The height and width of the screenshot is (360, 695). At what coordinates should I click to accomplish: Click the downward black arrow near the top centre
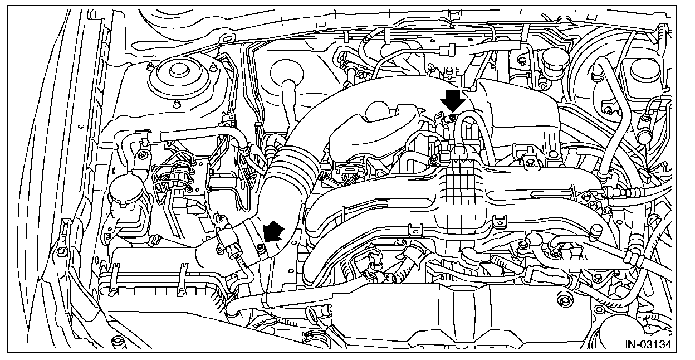click(452, 103)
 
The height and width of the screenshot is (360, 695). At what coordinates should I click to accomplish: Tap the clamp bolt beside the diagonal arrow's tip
click(261, 246)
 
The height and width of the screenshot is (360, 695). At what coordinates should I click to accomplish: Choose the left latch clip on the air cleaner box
click(114, 275)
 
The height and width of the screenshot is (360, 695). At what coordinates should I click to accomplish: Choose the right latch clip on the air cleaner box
click(182, 279)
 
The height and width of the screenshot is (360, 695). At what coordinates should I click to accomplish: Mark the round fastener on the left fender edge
click(62, 252)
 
